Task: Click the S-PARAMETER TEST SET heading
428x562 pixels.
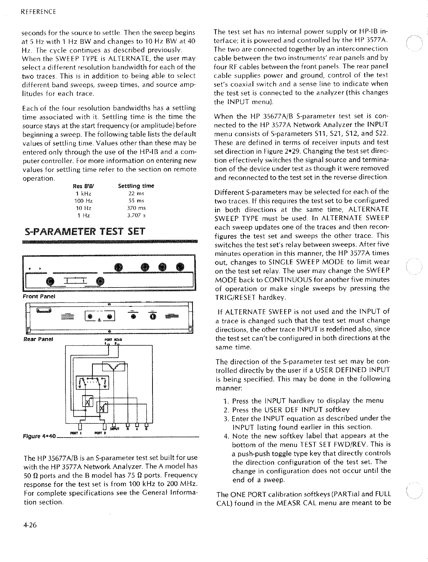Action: pos(84,231)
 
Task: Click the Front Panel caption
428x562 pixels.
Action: pos(39,296)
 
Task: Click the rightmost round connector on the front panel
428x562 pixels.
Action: pos(179,267)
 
